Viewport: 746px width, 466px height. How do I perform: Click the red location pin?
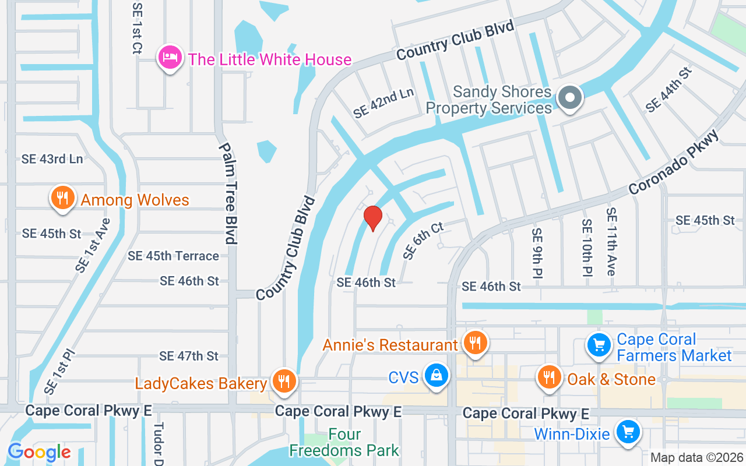point(372,218)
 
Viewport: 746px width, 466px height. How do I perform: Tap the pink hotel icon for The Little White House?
point(169,59)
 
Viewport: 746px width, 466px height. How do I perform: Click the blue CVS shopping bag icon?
point(436,376)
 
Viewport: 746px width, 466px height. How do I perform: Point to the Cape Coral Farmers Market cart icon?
point(599,345)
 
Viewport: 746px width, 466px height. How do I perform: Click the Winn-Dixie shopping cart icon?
point(628,433)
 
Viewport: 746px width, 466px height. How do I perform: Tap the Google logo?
point(39,452)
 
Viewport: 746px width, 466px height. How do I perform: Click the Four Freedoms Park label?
point(344,443)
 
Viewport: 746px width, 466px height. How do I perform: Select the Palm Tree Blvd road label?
point(228,193)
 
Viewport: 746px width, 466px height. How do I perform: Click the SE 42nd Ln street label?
point(383,103)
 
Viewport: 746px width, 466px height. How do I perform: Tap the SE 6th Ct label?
point(424,240)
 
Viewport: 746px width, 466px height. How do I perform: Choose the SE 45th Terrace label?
point(174,256)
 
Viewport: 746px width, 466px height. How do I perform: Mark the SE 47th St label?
point(189,355)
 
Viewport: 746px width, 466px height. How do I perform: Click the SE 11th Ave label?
point(611,242)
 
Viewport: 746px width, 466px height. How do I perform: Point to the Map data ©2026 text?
point(696,457)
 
